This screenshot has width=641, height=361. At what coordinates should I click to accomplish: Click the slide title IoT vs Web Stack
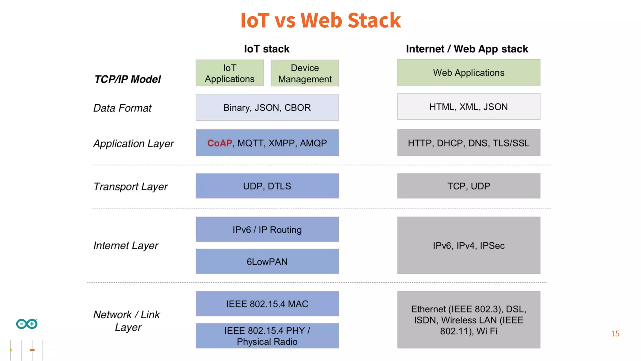point(320,21)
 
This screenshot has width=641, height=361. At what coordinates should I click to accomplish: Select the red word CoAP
point(219,143)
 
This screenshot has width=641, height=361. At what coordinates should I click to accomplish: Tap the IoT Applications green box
point(230,73)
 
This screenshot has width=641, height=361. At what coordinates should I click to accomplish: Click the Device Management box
point(305,73)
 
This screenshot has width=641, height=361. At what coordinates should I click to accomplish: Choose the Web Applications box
point(469,73)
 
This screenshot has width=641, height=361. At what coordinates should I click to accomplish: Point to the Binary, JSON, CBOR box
point(267,107)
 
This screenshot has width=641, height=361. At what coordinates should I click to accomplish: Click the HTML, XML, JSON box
point(469,107)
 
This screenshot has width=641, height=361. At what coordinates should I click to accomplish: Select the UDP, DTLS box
point(267,186)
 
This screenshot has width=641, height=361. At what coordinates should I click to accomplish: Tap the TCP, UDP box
point(469,186)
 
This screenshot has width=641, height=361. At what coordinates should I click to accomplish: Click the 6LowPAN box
point(267,262)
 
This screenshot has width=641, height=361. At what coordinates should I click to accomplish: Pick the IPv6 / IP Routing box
point(267,230)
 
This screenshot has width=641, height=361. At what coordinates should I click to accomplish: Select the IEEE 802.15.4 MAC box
point(267,304)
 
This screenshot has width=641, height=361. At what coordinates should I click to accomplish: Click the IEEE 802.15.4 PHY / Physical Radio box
point(267,336)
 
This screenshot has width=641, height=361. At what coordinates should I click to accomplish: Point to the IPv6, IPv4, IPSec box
point(469,246)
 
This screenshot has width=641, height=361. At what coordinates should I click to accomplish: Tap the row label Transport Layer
point(131,187)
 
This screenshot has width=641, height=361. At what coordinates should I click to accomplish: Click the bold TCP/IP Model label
point(128,79)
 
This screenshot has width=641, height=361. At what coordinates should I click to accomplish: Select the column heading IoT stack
point(267,49)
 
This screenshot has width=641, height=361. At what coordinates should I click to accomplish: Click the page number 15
point(615,334)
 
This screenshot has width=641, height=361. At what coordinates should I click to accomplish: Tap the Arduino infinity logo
point(27,324)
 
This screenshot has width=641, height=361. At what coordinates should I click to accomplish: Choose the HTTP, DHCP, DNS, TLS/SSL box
point(469,143)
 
